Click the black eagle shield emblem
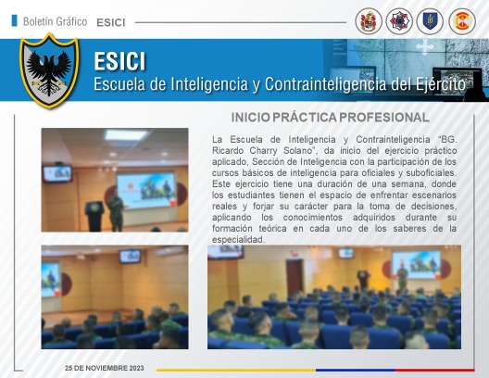tap(49, 70)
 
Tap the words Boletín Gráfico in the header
tap(55, 22)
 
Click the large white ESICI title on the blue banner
tap(119, 61)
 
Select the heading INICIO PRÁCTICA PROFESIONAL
tap(331, 118)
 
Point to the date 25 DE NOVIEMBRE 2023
tap(105, 368)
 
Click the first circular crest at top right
tap(369, 21)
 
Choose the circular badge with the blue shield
tap(430, 21)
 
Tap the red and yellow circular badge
tap(462, 21)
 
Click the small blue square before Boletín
tap(14, 20)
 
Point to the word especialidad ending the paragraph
tap(238, 240)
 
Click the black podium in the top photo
tap(94, 216)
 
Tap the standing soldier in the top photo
tap(116, 210)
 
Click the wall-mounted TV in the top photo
tap(57, 173)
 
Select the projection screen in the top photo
tap(146, 191)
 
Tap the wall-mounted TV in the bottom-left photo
tap(130, 256)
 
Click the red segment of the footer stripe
tap(434, 370)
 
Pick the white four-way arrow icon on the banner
tap(424, 47)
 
